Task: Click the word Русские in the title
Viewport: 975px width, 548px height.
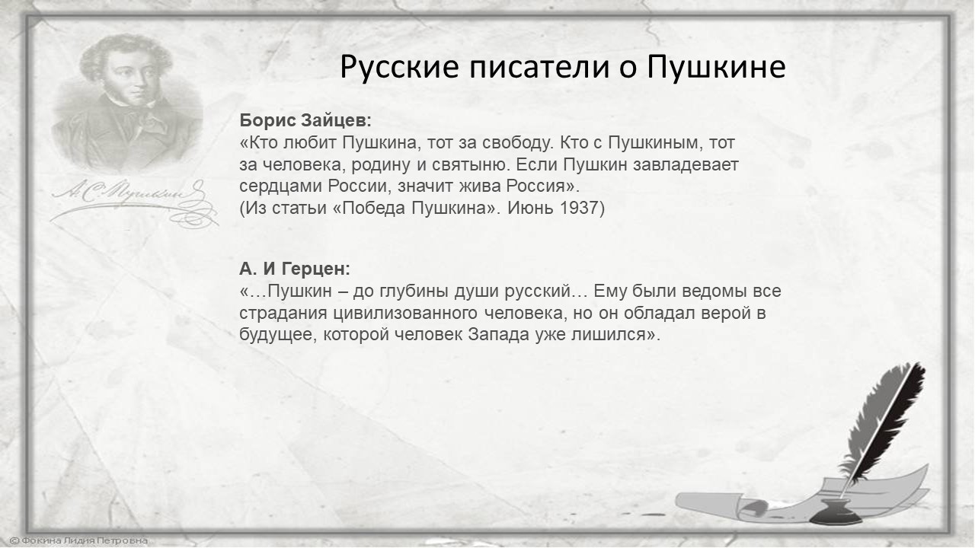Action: tap(400, 68)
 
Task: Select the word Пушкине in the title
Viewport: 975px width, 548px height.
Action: tap(716, 68)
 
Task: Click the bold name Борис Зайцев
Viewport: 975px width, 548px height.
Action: tap(305, 120)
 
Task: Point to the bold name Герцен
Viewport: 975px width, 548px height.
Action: tap(315, 269)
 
